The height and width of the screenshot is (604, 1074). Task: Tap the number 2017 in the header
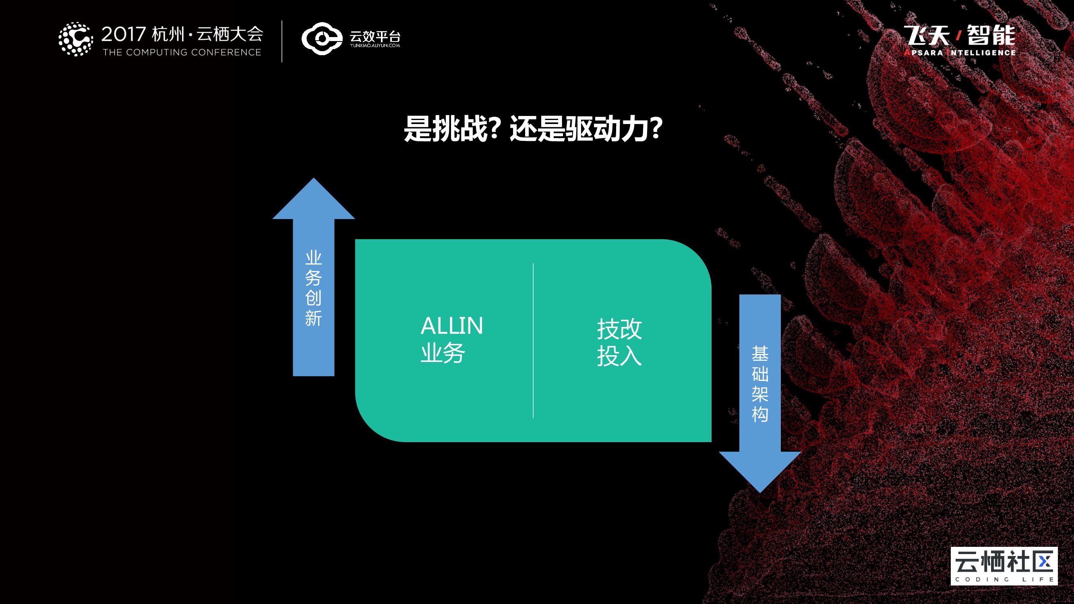123,34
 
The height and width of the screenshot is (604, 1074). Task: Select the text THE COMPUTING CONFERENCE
182,52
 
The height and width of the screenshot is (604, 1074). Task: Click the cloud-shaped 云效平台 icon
321,39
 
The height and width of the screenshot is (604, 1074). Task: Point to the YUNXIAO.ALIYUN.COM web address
375,46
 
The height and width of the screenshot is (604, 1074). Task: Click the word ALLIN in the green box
451,326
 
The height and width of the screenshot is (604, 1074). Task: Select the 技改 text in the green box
619,329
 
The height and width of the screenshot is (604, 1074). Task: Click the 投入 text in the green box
619,356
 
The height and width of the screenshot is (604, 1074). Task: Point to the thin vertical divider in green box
533,340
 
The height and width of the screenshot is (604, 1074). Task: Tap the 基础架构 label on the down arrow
759,384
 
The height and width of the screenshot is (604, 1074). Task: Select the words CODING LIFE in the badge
1004,579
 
